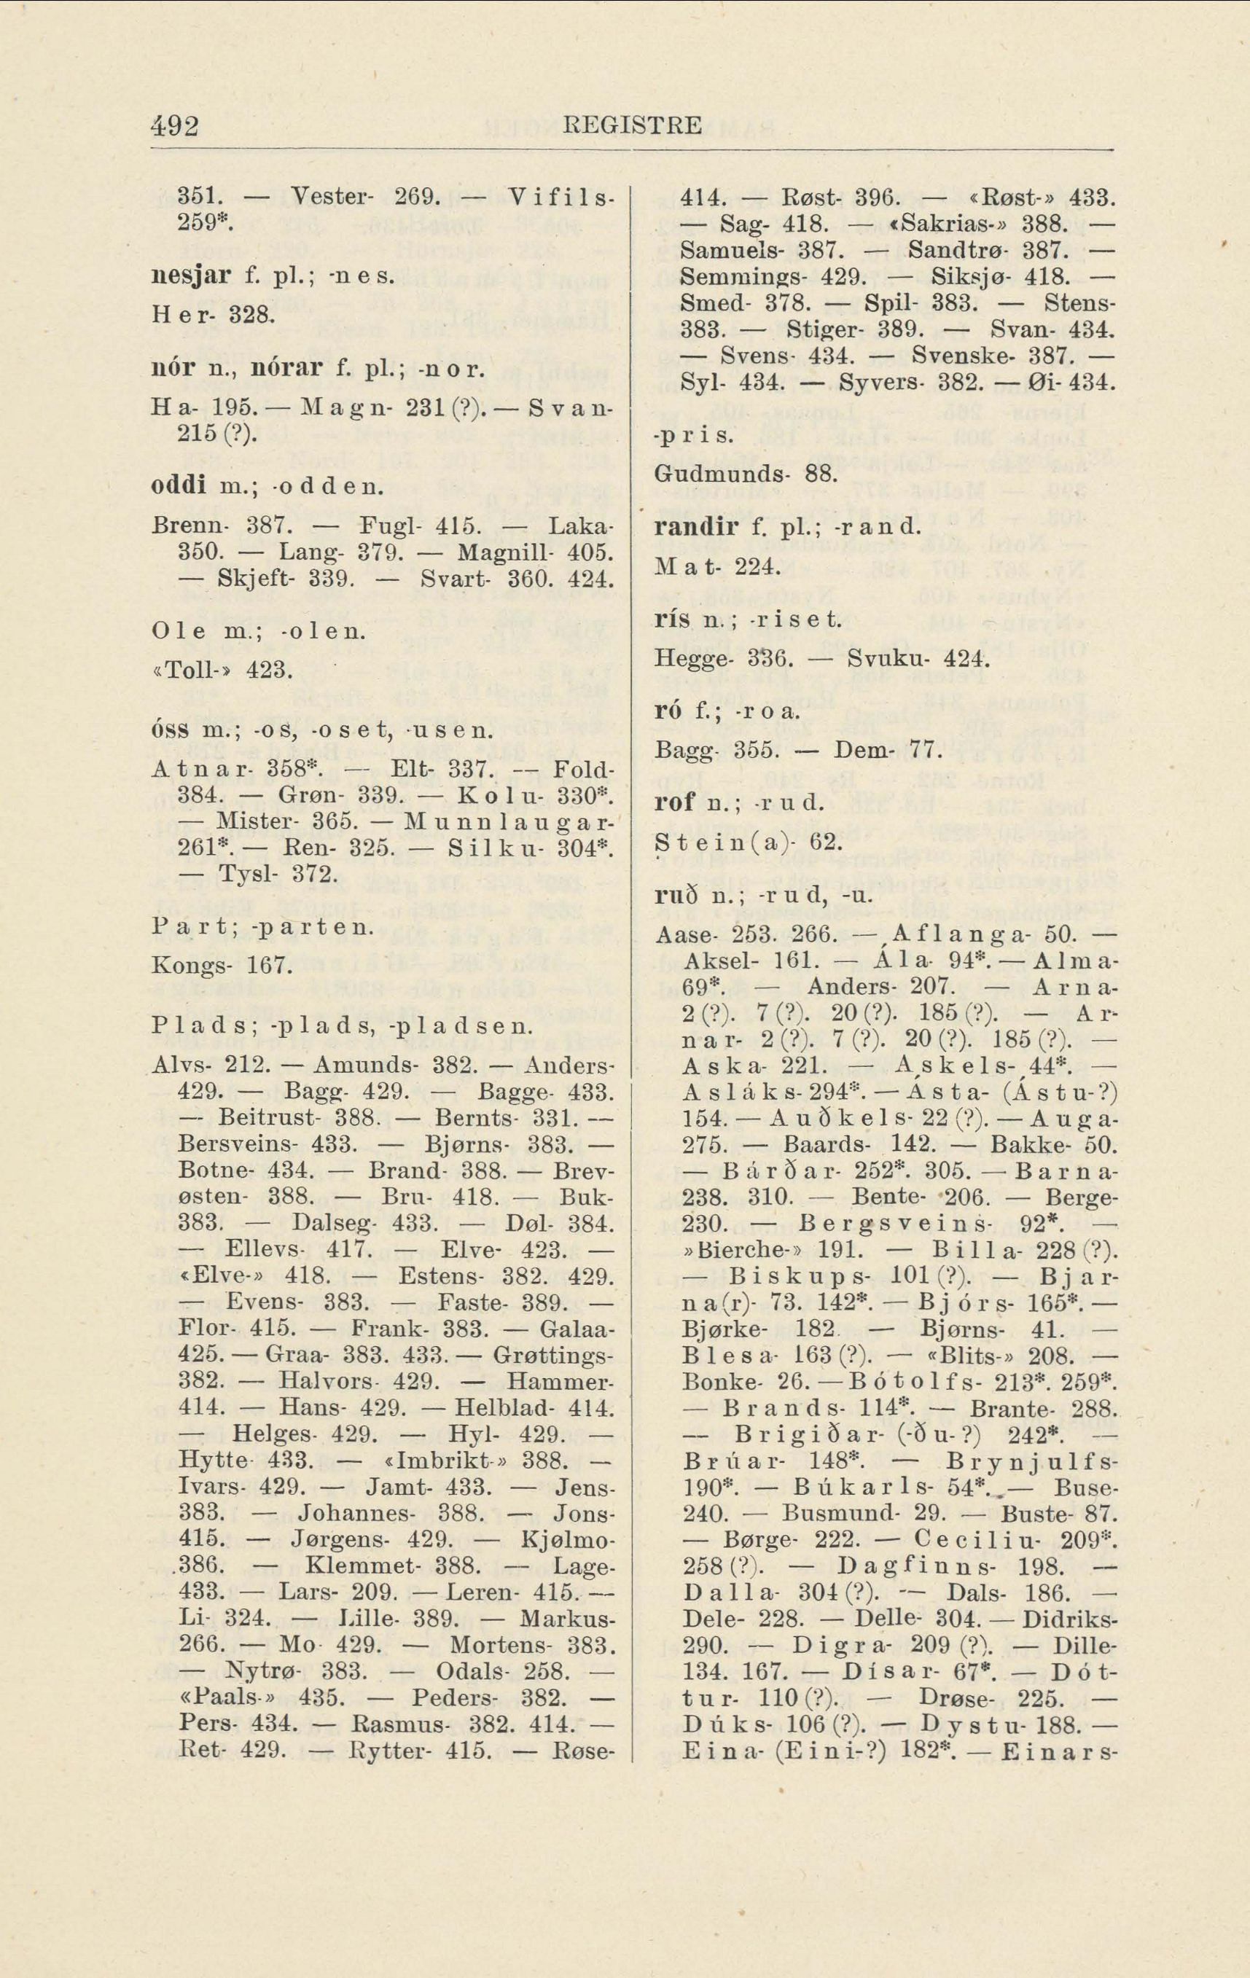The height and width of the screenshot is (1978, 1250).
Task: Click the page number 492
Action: (x=176, y=125)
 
